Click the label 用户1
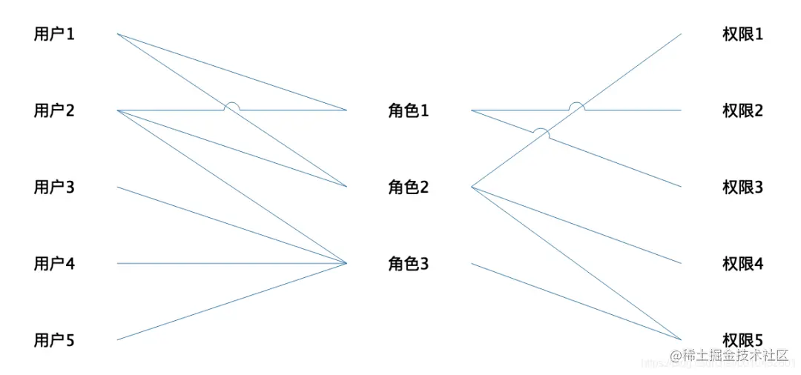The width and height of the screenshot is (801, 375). [54, 34]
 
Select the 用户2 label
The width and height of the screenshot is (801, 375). [54, 111]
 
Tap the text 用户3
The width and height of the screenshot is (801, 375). [54, 187]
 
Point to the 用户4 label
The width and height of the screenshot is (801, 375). [54, 264]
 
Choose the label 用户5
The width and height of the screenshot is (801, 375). [54, 341]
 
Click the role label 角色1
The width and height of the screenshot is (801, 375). [409, 111]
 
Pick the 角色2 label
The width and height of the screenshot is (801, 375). [409, 187]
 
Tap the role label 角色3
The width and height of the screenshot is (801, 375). [409, 264]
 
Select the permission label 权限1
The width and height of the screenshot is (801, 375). [742, 34]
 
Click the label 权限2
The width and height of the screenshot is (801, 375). [742, 111]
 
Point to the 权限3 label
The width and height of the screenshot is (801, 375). [742, 187]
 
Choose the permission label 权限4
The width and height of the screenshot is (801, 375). [742, 264]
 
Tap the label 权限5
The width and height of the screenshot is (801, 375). [742, 341]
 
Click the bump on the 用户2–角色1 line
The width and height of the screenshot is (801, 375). [232, 105]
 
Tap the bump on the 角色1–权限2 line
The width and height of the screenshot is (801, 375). [577, 105]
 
